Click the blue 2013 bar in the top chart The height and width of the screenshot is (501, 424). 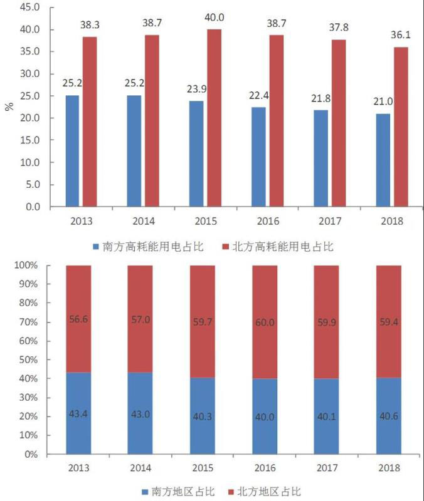coord(72,151)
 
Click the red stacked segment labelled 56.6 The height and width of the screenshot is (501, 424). coord(78,319)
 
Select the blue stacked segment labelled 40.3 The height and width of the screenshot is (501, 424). coord(203,416)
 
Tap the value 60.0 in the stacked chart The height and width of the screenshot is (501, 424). coord(265,322)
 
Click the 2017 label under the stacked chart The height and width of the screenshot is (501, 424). coord(327,468)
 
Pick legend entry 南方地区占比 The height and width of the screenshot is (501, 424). coord(178,492)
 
